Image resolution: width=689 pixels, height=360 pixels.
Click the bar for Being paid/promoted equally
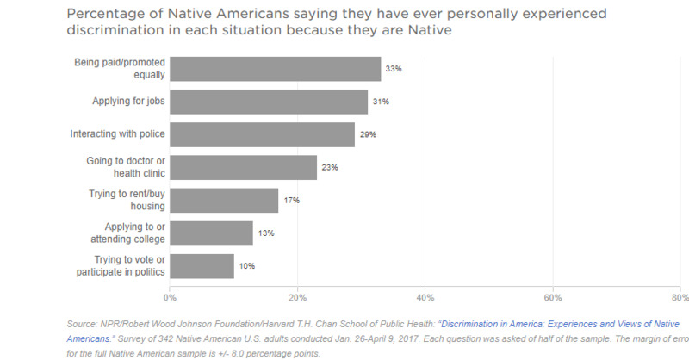[275, 69]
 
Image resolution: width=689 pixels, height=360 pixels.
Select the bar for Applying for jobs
[269, 102]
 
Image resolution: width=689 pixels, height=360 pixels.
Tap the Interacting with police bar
[262, 134]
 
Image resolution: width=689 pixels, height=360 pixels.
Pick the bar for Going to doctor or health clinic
[243, 167]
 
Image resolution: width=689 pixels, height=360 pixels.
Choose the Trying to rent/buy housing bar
[224, 200]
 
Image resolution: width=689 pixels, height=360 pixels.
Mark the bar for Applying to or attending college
[211, 233]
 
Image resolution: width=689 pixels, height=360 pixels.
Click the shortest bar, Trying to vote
[202, 266]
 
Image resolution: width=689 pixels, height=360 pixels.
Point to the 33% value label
[394, 69]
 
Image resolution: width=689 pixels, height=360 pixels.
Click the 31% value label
[382, 102]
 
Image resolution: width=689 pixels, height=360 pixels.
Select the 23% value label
[330, 167]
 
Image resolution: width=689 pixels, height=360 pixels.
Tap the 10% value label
[247, 266]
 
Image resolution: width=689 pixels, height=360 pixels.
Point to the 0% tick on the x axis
[170, 298]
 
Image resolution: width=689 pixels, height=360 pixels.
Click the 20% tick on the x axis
[297, 298]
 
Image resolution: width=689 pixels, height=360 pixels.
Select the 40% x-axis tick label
[425, 298]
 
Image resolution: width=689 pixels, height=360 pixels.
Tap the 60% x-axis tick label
[552, 298]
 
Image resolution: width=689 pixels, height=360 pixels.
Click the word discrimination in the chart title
[112, 31]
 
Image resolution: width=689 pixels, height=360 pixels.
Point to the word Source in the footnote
[83, 325]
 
